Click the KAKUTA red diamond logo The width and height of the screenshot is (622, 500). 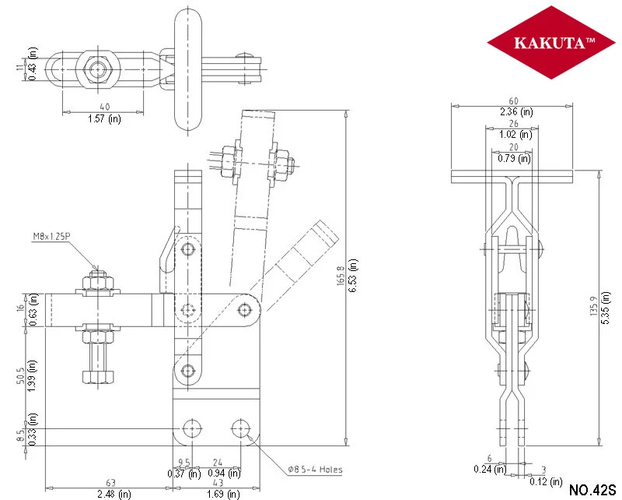551,42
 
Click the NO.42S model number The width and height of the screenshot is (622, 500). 592,489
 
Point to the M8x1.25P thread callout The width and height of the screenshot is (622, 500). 51,237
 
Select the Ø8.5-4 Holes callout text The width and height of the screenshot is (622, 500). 316,470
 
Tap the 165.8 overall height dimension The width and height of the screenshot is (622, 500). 341,276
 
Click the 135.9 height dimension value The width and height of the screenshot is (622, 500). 594,306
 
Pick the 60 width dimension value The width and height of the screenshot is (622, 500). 513,101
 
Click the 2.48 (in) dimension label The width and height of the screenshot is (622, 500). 114,494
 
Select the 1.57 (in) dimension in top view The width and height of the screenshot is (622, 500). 104,118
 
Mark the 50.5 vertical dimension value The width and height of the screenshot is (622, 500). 21,375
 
